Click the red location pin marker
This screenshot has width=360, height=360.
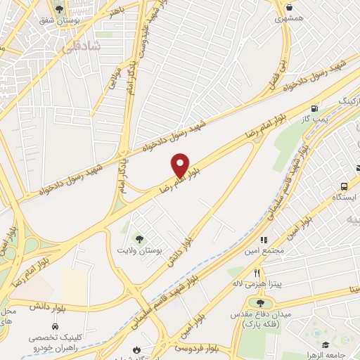(180, 165)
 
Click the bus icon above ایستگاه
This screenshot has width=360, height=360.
(344, 186)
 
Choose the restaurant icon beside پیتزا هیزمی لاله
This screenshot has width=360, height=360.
(258, 274)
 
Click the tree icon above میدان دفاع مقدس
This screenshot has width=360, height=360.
(261, 302)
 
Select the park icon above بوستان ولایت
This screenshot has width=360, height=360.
(139, 238)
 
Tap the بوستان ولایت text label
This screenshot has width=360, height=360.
(139, 250)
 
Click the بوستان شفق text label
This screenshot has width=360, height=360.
(59, 21)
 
